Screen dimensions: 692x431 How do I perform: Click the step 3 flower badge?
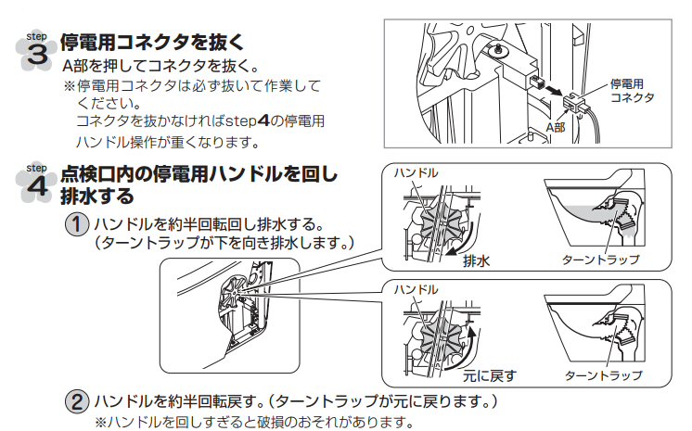point(36,52)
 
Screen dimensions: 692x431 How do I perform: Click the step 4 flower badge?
point(36,183)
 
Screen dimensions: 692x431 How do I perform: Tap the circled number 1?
point(77,224)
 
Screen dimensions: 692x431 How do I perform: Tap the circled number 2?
point(77,402)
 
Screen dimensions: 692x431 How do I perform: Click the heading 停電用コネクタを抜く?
point(152,43)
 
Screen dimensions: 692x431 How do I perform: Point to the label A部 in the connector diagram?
point(556,127)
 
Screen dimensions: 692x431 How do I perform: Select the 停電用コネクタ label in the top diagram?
point(632,91)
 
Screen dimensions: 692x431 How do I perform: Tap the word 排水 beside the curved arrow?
point(476,261)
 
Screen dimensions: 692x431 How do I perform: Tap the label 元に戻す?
point(490,376)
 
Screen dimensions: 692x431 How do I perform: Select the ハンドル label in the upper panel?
point(416,173)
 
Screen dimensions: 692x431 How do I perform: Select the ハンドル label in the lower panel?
point(416,290)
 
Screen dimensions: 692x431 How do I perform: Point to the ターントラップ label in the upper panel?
point(601,260)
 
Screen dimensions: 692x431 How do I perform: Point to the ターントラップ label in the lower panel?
point(603,376)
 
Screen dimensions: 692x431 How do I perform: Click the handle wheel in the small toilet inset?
point(234,290)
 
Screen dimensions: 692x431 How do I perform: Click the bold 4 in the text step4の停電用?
point(263,120)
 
